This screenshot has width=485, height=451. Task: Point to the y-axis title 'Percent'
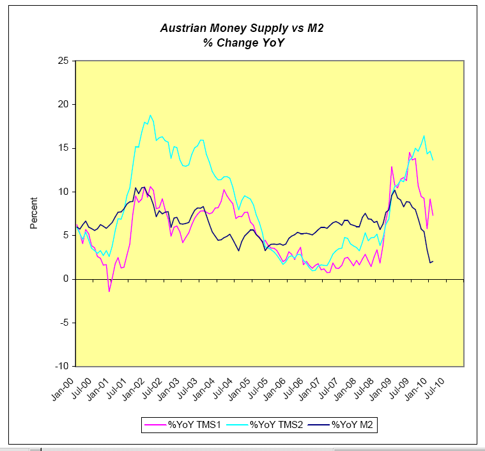(x=34, y=213)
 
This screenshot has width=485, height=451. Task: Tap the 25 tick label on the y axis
(x=64, y=61)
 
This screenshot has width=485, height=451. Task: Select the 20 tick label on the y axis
(x=64, y=105)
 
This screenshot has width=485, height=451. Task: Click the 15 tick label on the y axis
(x=64, y=148)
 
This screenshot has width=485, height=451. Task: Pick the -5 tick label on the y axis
(x=64, y=323)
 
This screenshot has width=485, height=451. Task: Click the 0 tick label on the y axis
(x=66, y=279)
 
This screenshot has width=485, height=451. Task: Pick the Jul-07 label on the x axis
(x=332, y=387)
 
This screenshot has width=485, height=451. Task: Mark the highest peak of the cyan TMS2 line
(x=150, y=116)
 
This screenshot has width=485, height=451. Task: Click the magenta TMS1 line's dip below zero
(x=109, y=291)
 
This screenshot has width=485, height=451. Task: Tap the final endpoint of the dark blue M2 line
(x=433, y=261)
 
